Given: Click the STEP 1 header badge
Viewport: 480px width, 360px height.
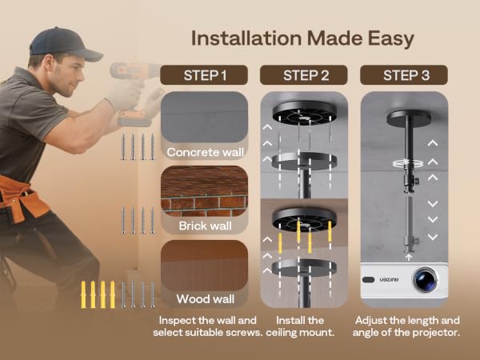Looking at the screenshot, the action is point(203,75).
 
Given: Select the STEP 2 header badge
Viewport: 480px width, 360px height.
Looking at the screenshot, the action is point(304,75).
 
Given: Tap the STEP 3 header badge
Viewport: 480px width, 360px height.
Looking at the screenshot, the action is point(404,75).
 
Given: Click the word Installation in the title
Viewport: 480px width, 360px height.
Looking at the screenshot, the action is point(246,38).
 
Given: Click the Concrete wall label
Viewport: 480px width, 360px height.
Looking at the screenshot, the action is point(205,152).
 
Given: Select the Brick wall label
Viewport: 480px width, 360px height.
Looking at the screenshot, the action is point(205,226).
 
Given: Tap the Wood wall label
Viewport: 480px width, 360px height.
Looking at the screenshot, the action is point(205,299).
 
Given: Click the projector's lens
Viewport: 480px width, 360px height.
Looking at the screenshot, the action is point(426,279).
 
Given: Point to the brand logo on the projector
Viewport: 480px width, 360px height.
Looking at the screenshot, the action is point(389,279).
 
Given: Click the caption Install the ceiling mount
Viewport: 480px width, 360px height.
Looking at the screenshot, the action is point(300,326).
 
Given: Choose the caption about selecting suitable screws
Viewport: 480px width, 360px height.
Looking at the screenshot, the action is point(207,326).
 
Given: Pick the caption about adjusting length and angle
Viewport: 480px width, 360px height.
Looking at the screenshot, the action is point(406,326).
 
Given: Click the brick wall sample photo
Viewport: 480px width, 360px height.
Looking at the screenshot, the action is point(204,191).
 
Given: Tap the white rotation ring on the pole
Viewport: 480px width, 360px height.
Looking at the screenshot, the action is point(408,163).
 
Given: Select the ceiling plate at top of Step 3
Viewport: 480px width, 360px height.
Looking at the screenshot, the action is point(409,118).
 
